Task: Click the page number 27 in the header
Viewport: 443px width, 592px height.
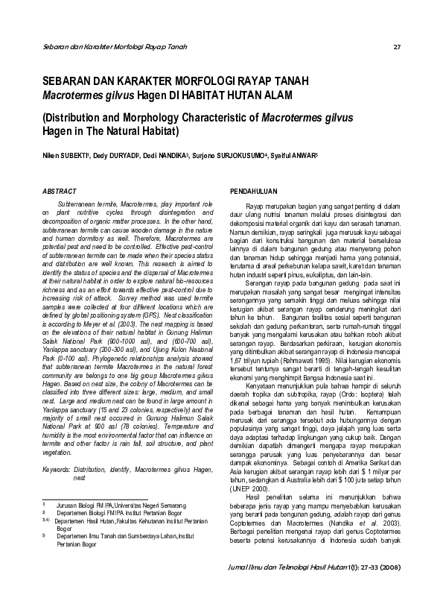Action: point(398,48)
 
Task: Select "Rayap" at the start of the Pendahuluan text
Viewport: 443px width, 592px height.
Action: point(254,204)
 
